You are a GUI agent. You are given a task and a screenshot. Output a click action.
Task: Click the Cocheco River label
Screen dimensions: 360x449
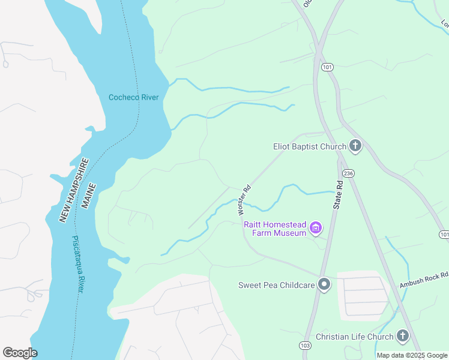pos(133,97)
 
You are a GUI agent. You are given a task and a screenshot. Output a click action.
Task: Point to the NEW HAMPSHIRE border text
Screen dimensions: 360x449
pos(74,190)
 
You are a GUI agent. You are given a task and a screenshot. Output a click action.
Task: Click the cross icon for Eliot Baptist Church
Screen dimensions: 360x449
pos(355,146)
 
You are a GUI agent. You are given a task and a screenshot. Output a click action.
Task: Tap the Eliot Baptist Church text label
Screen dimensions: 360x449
pos(309,146)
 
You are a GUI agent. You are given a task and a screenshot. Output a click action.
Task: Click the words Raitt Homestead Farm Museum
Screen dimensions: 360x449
pos(275,228)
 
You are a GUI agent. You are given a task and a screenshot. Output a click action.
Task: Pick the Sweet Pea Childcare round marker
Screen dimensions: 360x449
pos(324,284)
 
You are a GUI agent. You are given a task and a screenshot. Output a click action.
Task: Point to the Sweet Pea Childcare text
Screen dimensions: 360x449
pos(276,285)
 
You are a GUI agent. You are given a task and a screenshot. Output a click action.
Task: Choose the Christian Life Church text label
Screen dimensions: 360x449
pos(354,337)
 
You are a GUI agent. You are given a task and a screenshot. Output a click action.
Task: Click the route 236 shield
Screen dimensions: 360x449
pos(349,173)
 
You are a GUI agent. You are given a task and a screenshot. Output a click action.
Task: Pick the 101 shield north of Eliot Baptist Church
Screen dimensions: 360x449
pos(327,67)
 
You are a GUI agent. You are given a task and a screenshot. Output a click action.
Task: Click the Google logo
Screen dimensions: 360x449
pos(20,352)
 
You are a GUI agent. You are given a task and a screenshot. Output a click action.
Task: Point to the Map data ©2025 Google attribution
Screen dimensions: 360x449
pos(412,355)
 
